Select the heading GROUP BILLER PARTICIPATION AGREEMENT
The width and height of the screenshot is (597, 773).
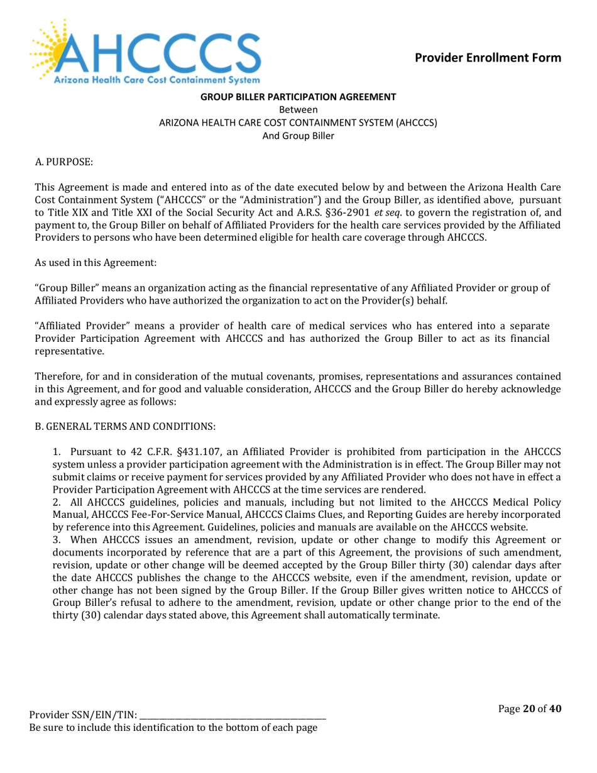tap(298, 97)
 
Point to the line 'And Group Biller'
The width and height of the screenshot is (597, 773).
tap(298, 135)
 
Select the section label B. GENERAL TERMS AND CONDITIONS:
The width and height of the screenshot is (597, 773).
tap(125, 426)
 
